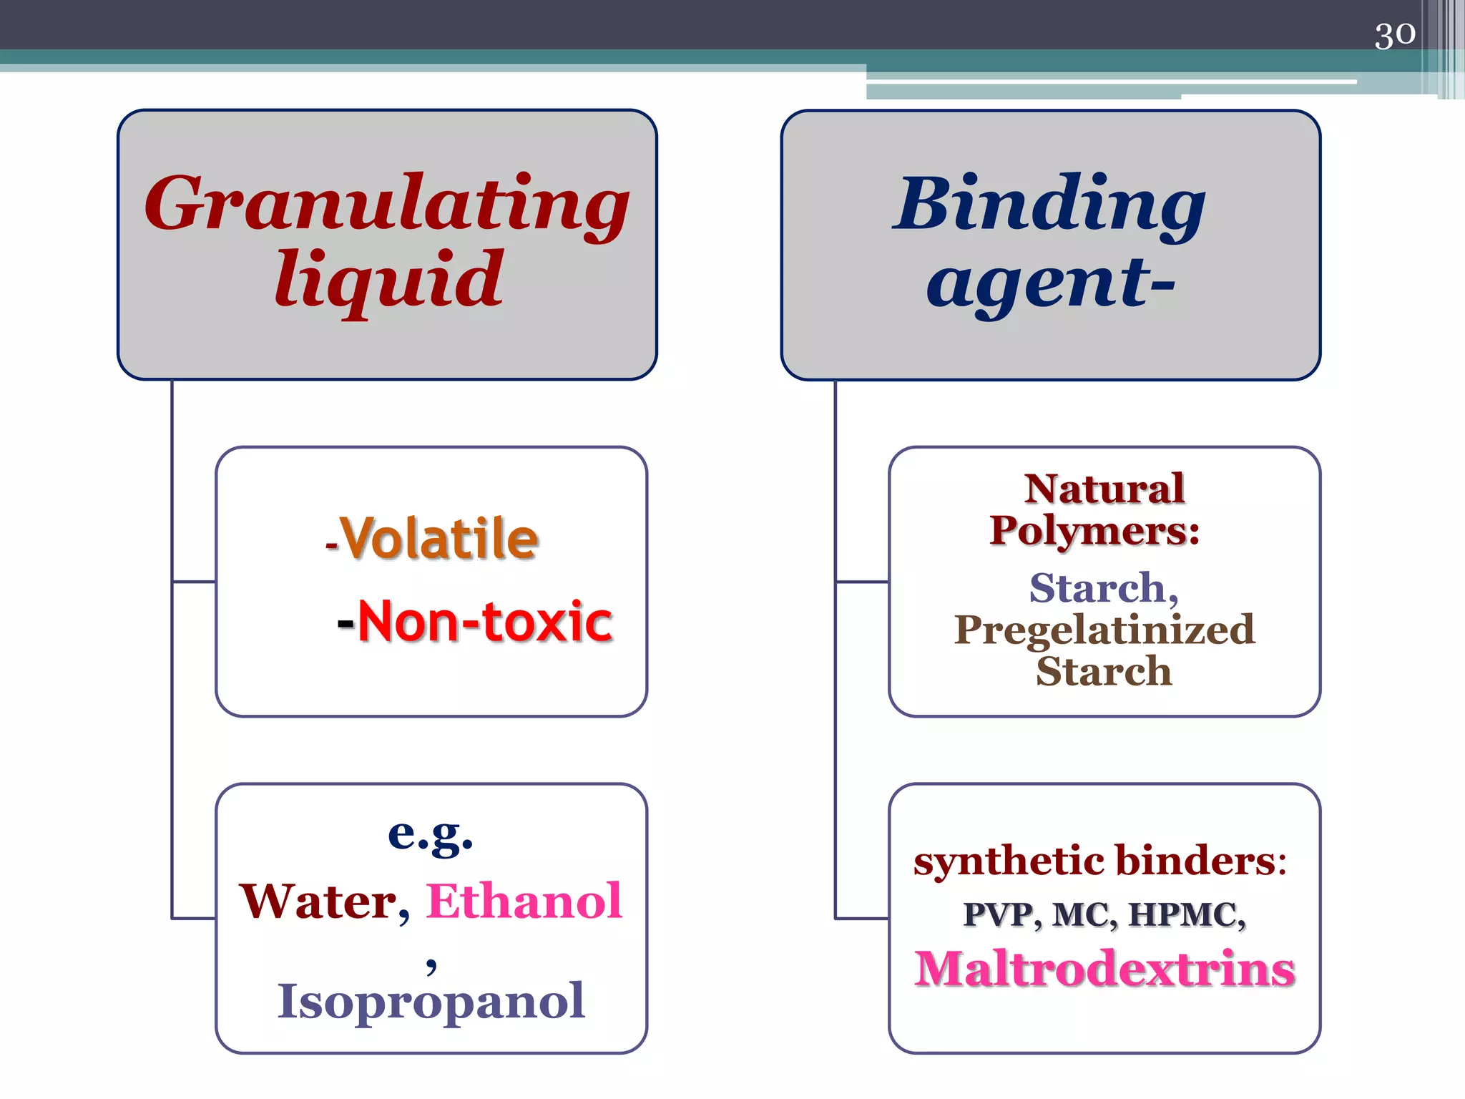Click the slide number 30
[1394, 34]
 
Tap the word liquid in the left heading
[388, 280]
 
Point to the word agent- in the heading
[1050, 283]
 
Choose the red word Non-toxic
[485, 621]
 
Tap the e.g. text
[431, 834]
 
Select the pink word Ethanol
[524, 902]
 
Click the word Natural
[1104, 489]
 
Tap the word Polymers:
[1094, 531]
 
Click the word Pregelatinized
[1104, 630]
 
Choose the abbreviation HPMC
[1186, 915]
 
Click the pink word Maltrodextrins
[1104, 969]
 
